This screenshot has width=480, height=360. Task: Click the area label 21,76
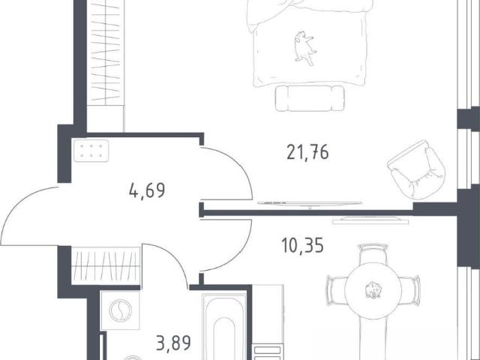coord(307,152)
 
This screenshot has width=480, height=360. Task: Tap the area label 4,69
coord(147,190)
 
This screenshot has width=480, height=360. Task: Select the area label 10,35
coord(302,246)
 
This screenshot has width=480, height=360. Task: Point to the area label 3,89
coord(173,343)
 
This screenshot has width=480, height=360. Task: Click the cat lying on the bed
coord(304,48)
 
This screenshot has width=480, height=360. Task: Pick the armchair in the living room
coord(416,169)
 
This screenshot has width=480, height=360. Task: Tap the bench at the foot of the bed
coord(310,98)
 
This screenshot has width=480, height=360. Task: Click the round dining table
coord(373,289)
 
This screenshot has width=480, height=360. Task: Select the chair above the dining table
coord(373,253)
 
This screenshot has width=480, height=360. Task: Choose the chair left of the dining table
coord(336,290)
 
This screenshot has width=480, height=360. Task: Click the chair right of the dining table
coord(410,290)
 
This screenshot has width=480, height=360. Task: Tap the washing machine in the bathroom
coord(120,310)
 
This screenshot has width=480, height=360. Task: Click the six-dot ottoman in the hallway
coord(91,151)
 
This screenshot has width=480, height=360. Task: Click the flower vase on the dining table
coord(373,289)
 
